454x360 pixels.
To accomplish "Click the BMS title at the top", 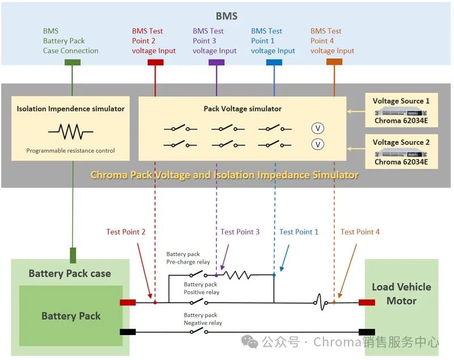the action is (x=226, y=16).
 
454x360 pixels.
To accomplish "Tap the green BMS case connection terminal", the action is (x=73, y=62).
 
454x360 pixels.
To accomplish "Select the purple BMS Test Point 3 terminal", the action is (x=216, y=62).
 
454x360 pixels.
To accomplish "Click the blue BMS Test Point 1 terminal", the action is (x=274, y=62).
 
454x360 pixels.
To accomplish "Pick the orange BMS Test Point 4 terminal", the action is (x=334, y=62).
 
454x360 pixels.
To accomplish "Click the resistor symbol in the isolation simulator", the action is (x=70, y=132).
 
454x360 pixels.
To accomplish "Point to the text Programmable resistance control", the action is (x=70, y=150).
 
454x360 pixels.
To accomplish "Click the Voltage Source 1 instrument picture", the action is (x=401, y=112).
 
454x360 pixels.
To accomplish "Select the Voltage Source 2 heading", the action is (x=401, y=142).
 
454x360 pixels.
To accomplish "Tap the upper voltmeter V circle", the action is (x=318, y=128).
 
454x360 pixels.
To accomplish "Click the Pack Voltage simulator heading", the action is (x=243, y=108).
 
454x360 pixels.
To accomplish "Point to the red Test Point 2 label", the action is (x=125, y=232).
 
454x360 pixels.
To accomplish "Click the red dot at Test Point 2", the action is (x=155, y=302).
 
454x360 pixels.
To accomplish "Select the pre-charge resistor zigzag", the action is (x=237, y=275).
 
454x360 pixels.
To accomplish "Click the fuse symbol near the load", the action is (x=321, y=302).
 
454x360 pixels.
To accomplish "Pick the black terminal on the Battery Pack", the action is (x=128, y=332).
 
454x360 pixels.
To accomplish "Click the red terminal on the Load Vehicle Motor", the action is (x=367, y=302).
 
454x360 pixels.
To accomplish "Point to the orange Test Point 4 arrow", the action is (x=347, y=270).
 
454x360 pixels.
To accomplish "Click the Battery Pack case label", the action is (x=70, y=273).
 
